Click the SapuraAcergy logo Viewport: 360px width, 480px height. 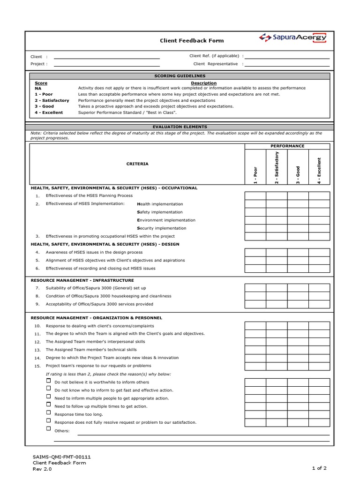[293, 38]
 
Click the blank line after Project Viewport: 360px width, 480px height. [107, 64]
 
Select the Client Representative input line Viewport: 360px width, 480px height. [287, 64]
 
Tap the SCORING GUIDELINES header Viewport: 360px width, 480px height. [180, 76]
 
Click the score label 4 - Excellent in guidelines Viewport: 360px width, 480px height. [49, 112]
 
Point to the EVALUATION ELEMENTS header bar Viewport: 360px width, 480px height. [180, 127]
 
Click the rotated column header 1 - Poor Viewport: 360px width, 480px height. [255, 174]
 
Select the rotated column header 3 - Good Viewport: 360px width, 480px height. [298, 174]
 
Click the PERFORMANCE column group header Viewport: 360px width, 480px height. [287, 146]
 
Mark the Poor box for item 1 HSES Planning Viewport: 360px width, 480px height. [255, 196]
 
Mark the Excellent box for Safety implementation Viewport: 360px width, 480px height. [319, 212]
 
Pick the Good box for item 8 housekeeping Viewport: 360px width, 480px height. [298, 296]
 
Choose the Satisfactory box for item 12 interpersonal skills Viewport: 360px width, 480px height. [277, 342]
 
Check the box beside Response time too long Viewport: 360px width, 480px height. [48, 412]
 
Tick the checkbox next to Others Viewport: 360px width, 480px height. [48, 428]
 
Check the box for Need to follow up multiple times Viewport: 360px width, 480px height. [48, 405]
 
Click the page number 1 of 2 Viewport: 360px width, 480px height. [319, 468]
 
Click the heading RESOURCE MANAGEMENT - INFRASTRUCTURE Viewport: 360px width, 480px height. [82, 280]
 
